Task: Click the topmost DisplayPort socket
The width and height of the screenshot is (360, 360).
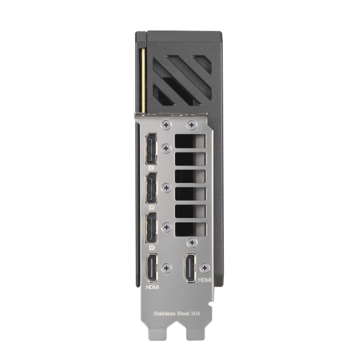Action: coord(151,149)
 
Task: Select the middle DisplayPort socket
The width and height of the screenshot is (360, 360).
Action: coord(151,188)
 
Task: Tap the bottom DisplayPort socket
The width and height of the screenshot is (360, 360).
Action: coord(151,228)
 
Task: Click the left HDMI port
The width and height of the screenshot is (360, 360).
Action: coord(152,268)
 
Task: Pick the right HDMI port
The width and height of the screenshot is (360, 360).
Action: coord(190,268)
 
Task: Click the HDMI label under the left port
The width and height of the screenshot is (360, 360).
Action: coord(152,287)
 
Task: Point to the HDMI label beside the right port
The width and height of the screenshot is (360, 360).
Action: coord(205,280)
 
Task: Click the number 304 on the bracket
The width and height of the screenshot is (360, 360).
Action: coord(195,313)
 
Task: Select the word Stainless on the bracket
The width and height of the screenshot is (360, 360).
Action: coord(164,313)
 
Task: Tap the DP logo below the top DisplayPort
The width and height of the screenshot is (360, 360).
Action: coord(151,168)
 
